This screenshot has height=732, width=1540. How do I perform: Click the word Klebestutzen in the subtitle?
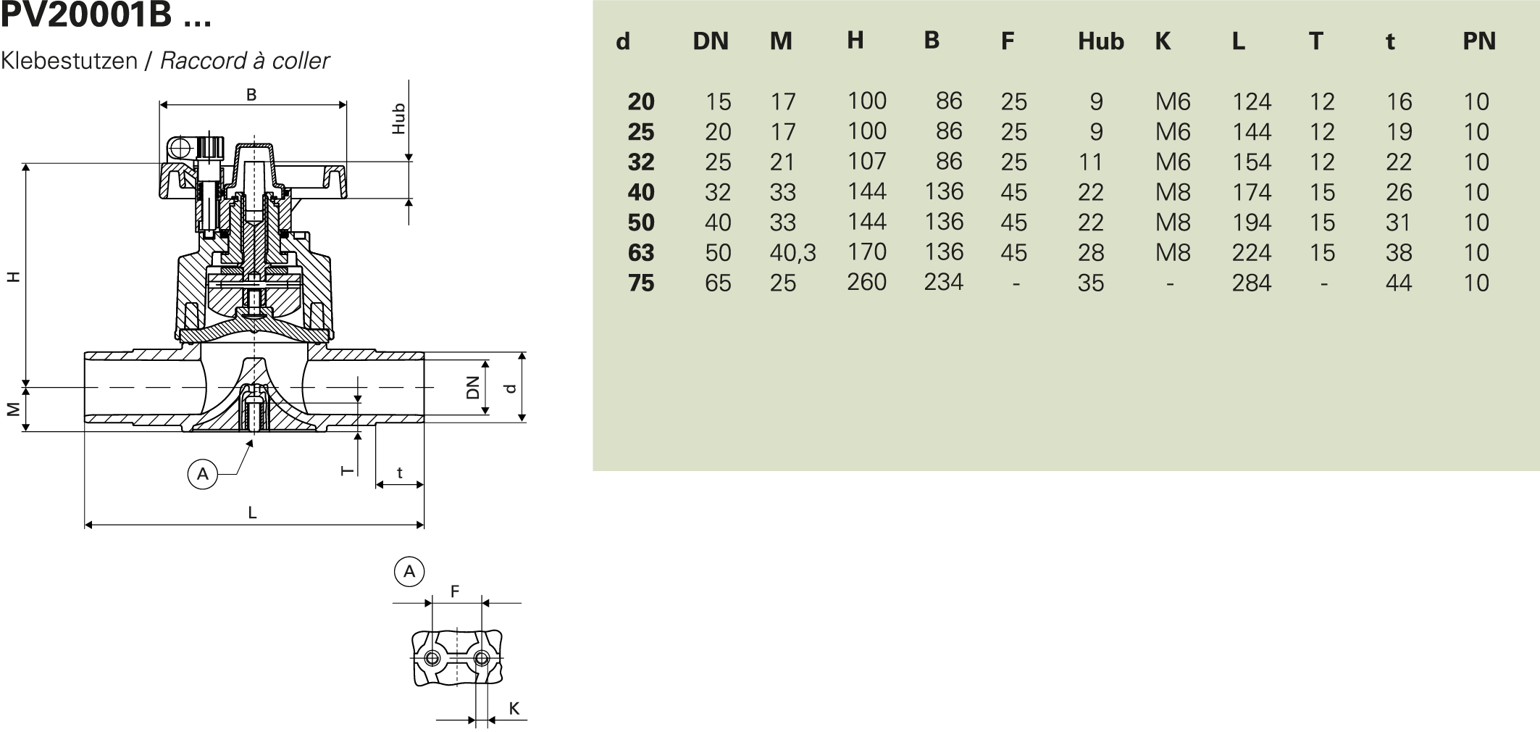click(x=70, y=61)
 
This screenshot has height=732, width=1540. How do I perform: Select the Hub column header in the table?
click(x=1100, y=41)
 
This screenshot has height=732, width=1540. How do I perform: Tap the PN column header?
click(x=1478, y=41)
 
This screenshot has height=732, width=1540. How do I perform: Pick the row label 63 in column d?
click(x=641, y=252)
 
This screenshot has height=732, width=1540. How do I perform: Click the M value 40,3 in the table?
click(x=792, y=252)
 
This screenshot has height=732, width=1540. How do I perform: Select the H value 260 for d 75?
click(x=866, y=282)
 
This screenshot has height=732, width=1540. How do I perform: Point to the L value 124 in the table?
click(x=1251, y=101)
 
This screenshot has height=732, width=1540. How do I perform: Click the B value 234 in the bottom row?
click(x=943, y=282)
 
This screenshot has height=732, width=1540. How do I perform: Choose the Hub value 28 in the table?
click(x=1091, y=252)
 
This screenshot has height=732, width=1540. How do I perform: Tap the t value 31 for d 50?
click(x=1399, y=222)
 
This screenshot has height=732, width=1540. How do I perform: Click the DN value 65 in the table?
click(x=718, y=283)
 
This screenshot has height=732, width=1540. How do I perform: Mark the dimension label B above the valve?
click(x=251, y=95)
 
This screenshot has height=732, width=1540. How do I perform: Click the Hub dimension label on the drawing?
click(x=398, y=118)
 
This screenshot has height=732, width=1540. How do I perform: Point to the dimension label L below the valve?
click(x=252, y=513)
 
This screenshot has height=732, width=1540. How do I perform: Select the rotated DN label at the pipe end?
click(x=473, y=387)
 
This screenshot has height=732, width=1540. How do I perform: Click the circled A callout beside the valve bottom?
click(x=203, y=474)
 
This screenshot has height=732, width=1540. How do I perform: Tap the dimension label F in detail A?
click(x=455, y=591)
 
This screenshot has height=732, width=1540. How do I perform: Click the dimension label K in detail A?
click(x=514, y=709)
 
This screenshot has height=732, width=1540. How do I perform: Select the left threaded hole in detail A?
click(x=432, y=658)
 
